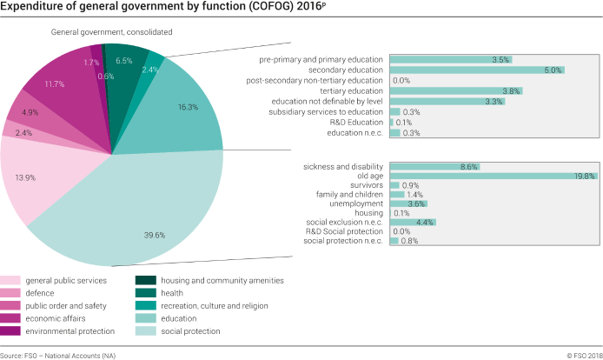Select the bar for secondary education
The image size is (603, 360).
(x=477, y=70)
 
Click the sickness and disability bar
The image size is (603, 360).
(x=434, y=166)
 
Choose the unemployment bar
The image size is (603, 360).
(x=408, y=203)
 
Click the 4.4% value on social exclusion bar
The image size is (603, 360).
(x=425, y=222)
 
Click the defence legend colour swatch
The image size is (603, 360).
(x=10, y=293)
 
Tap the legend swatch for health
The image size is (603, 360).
(x=145, y=293)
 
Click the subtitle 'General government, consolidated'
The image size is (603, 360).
(x=111, y=32)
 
